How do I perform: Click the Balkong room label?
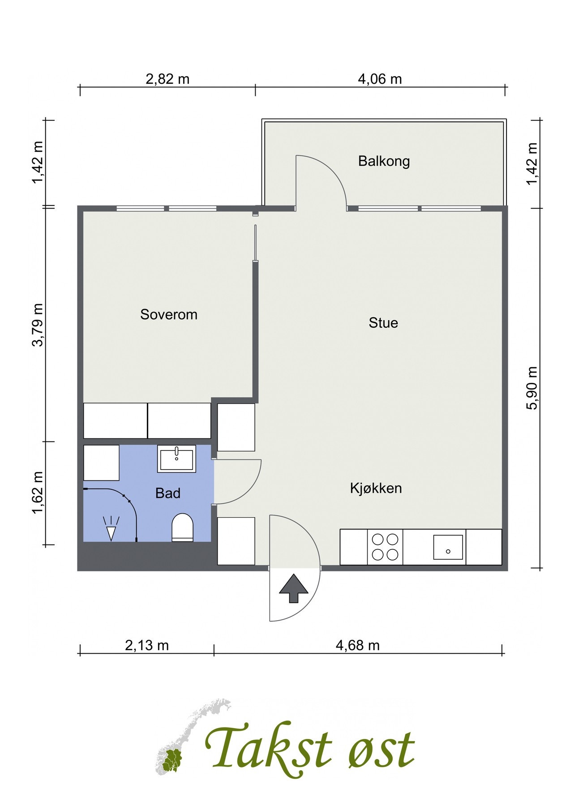coord(384,161)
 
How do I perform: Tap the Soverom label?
coord(169,314)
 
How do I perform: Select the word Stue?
coord(383,323)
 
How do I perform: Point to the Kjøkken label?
coord(376,488)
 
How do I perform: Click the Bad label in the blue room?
coord(168,493)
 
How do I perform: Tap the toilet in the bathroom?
coord(183,527)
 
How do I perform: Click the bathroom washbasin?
coord(176,459)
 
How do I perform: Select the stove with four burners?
coord(385,547)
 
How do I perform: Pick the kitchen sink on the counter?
coord(448,547)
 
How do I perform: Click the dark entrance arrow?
coord(294,588)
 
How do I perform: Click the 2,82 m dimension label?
coord(167,79)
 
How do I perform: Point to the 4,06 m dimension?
coord(380,79)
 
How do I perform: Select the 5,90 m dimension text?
coord(532,388)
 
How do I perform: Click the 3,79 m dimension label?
coord(38,325)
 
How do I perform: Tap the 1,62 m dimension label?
coord(38,493)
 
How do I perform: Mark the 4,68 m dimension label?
coord(358,645)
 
